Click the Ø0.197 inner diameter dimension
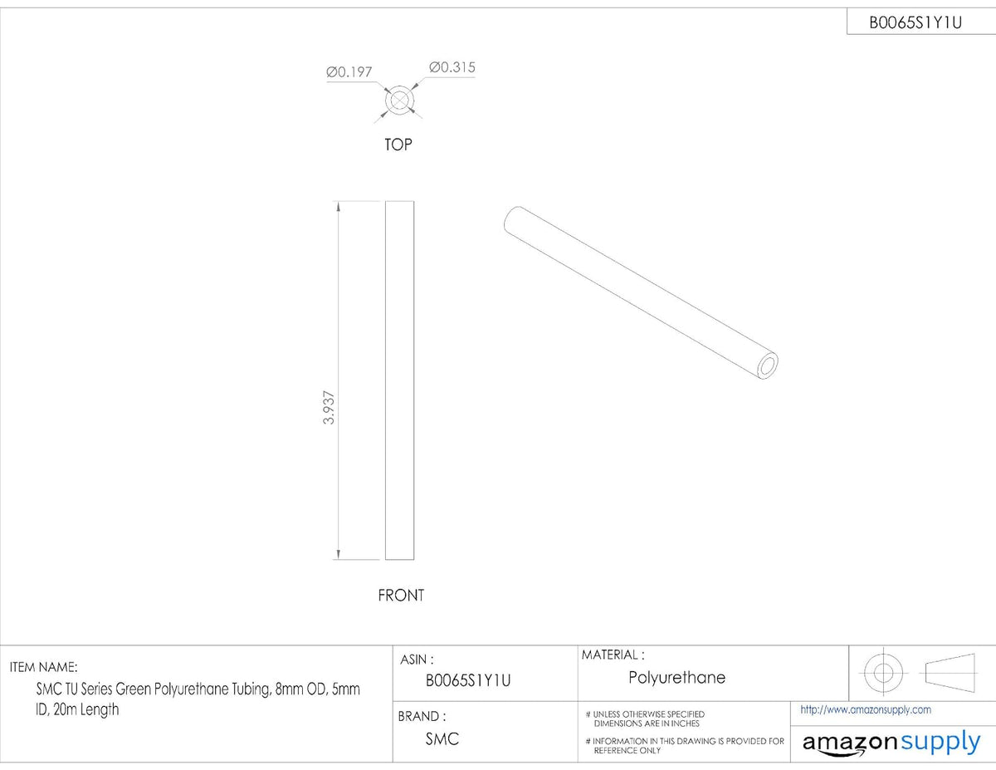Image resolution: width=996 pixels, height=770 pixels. [x=349, y=72]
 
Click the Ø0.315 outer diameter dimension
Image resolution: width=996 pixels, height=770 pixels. [x=452, y=67]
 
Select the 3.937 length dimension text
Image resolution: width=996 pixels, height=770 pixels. [x=329, y=408]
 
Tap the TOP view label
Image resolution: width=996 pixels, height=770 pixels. [x=398, y=145]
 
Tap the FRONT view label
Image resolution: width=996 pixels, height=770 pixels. [x=401, y=596]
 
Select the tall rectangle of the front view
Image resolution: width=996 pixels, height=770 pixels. [x=385, y=380]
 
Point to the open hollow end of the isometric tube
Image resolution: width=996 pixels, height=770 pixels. [x=767, y=365]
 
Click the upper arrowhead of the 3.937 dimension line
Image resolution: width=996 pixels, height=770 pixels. [x=339, y=206]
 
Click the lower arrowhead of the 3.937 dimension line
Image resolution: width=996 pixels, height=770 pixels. [x=339, y=555]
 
